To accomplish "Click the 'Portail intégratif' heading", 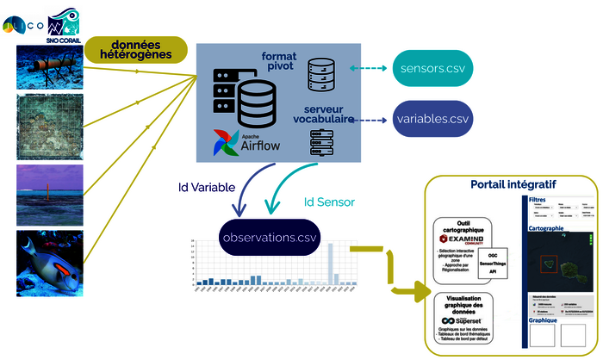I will (x=513, y=185).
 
